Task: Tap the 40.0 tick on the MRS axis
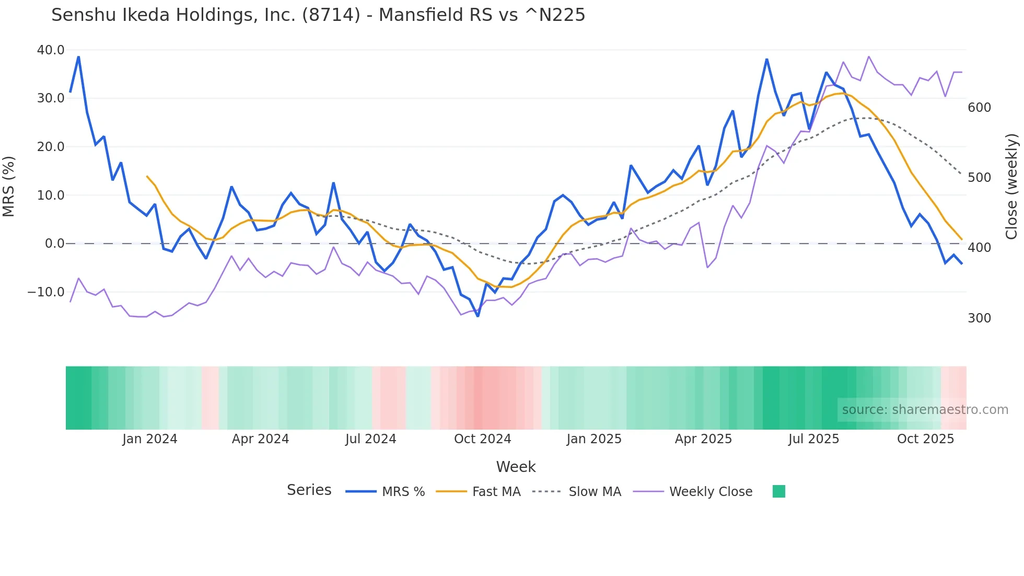(x=51, y=50)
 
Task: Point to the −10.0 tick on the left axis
(x=46, y=292)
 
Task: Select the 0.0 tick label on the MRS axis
(x=54, y=244)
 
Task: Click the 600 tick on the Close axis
(x=979, y=108)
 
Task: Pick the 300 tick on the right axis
(x=979, y=318)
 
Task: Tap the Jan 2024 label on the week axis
(x=150, y=439)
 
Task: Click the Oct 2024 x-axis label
(x=482, y=439)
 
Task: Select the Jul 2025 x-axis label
(x=813, y=439)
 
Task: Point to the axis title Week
(x=516, y=467)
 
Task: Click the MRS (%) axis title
(x=9, y=187)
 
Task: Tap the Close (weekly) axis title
(x=1012, y=187)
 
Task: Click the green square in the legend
(x=778, y=491)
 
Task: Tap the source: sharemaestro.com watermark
(x=925, y=410)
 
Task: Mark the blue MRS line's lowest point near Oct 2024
(x=478, y=316)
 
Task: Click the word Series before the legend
(x=309, y=490)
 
